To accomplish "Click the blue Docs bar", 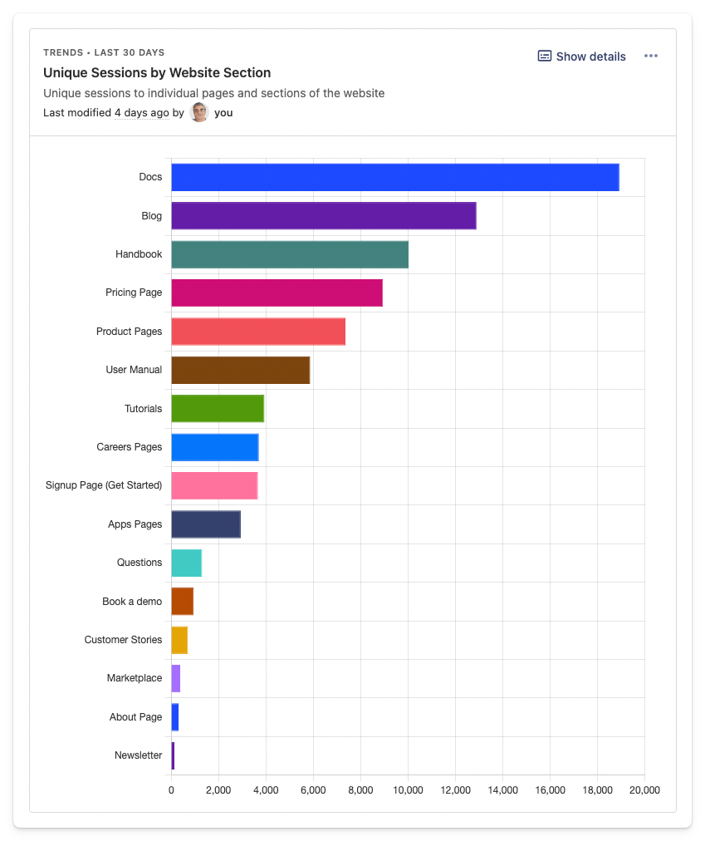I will [394, 177].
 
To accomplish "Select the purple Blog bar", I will [323, 216].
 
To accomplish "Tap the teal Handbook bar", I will [289, 254].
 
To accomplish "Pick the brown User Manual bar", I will [240, 370].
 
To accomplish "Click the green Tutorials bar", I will [218, 408].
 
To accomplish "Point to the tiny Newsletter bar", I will [173, 755].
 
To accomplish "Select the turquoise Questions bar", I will [186, 563].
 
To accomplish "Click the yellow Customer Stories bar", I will [179, 640].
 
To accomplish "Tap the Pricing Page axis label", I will [134, 293].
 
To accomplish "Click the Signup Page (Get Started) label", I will [104, 485].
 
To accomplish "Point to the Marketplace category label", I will [135, 678].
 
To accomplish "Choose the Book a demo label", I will [132, 601].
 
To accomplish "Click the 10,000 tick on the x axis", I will [408, 790].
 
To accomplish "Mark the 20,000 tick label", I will [644, 790].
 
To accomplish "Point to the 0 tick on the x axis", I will [171, 790].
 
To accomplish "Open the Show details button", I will [581, 57].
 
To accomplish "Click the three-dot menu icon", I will [651, 56].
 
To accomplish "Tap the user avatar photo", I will [199, 112].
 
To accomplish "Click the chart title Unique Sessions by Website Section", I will [157, 73].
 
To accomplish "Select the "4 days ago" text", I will [141, 113].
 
